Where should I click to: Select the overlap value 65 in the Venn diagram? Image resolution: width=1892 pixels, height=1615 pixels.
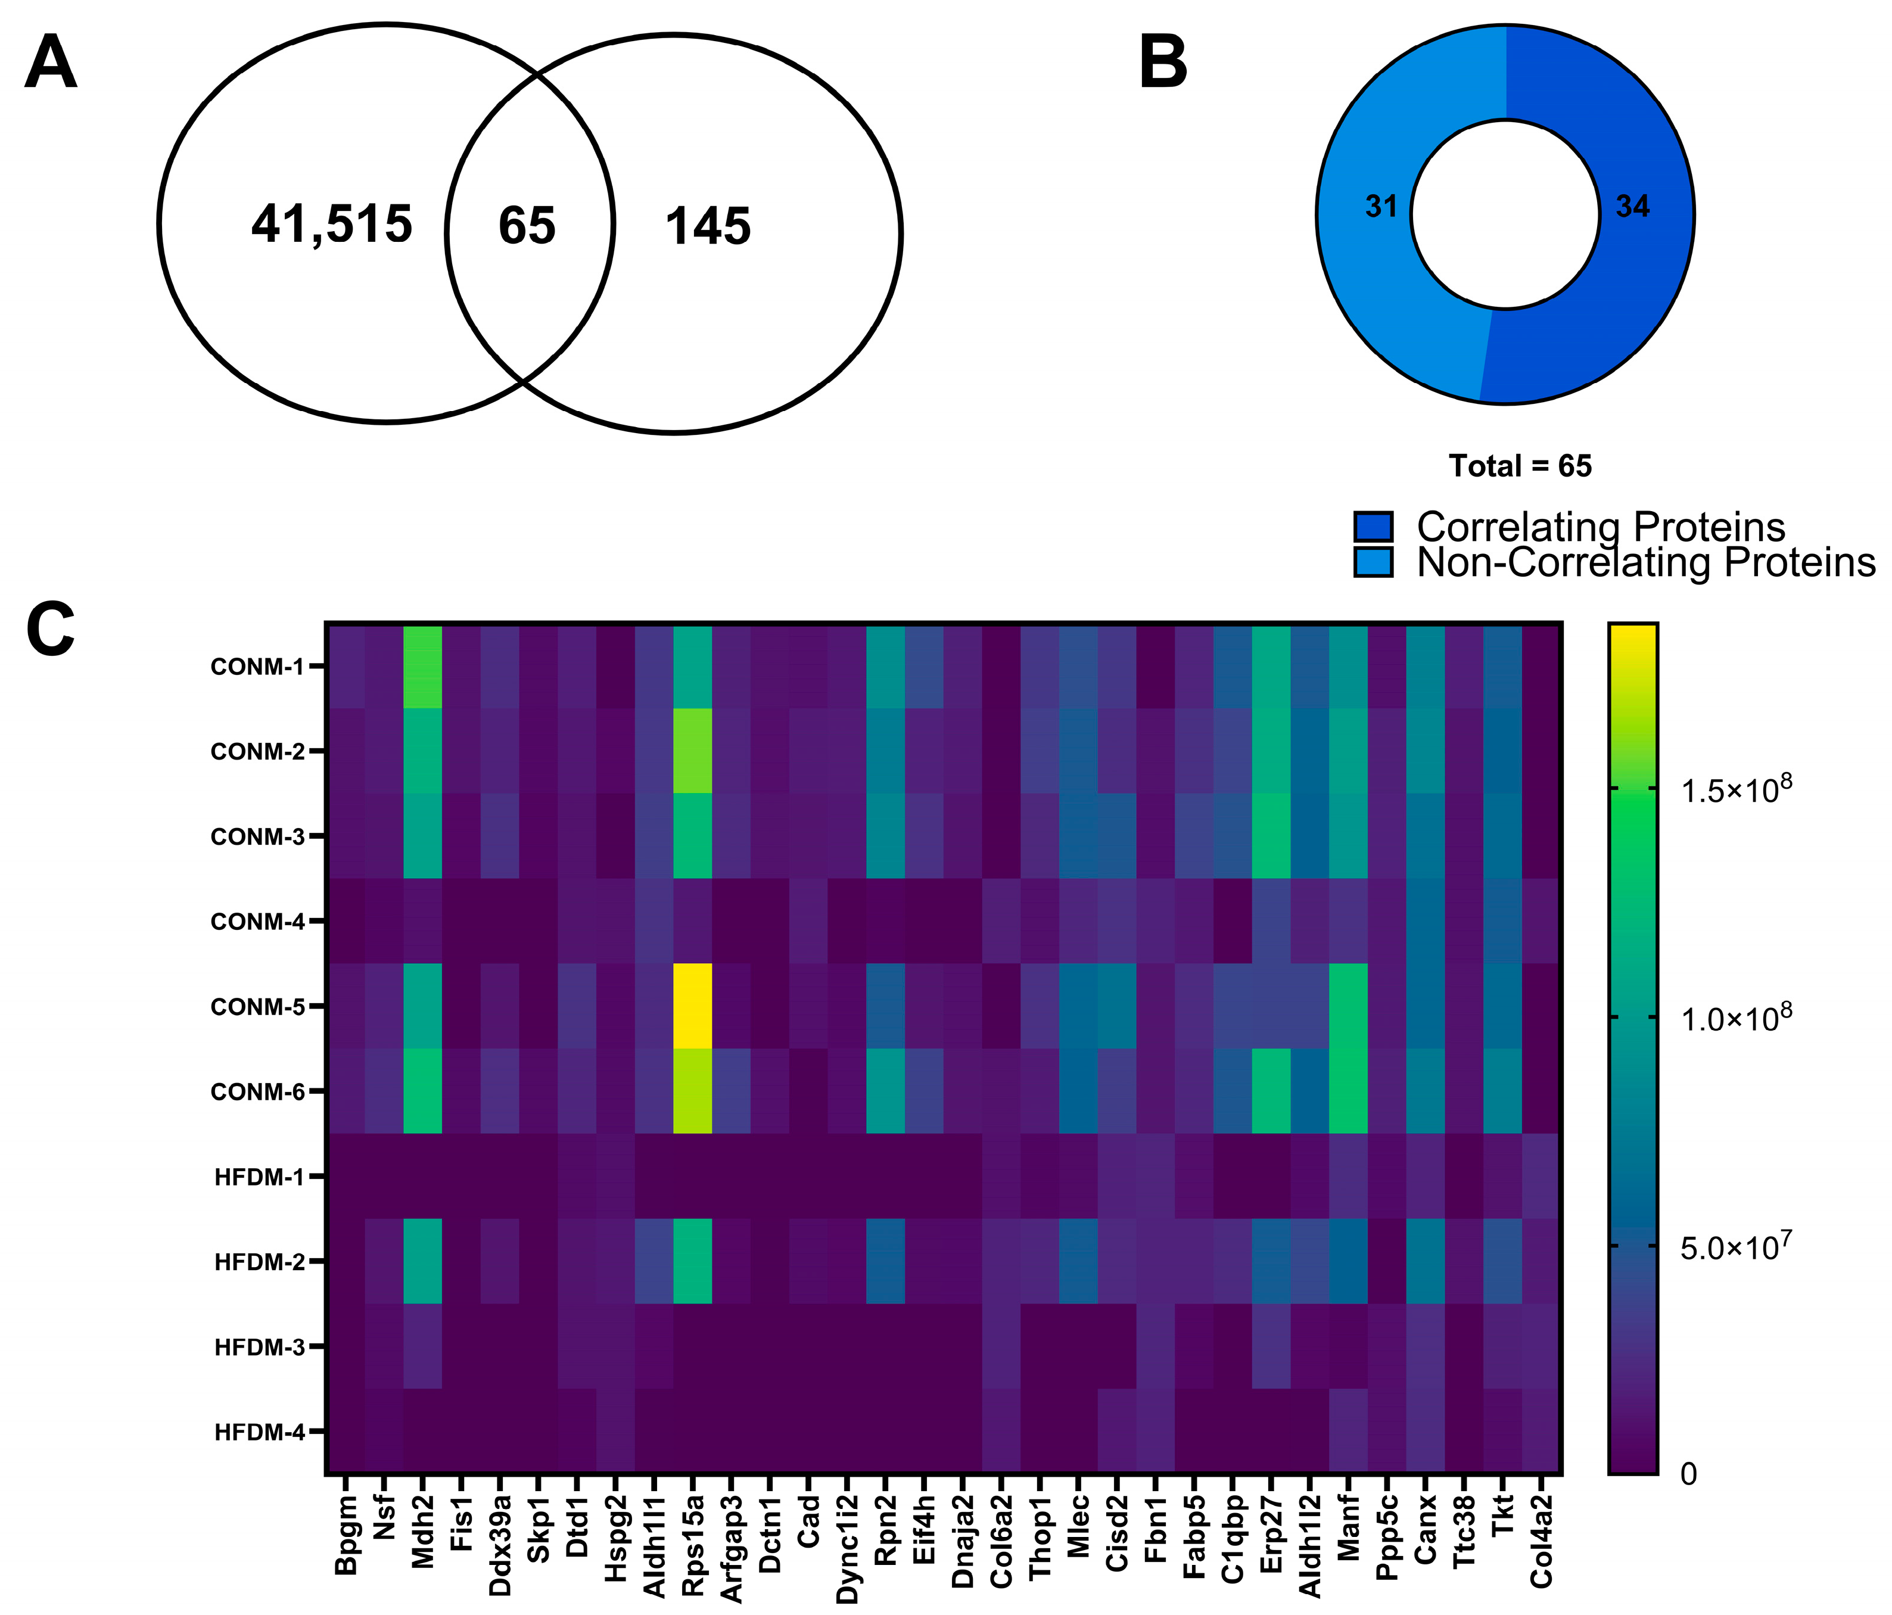(x=527, y=226)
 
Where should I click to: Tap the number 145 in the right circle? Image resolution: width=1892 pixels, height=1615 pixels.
(x=708, y=228)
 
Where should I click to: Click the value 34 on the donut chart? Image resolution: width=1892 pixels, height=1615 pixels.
(x=1633, y=207)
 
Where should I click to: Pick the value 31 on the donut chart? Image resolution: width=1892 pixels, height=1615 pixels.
(x=1381, y=207)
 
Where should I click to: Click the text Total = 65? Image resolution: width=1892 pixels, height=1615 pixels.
(x=1520, y=466)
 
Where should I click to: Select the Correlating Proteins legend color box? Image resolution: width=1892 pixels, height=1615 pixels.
(x=1373, y=527)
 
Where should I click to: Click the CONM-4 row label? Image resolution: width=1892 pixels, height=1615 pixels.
(x=257, y=922)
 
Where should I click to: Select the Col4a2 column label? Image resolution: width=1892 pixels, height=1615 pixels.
(x=1542, y=1541)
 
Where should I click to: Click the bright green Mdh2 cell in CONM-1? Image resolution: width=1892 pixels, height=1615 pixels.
(x=423, y=667)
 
